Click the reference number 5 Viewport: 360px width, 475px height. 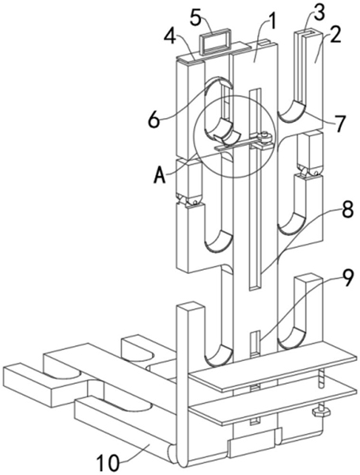point(197,18)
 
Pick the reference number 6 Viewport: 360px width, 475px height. point(153,120)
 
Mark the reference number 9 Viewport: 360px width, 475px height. point(347,278)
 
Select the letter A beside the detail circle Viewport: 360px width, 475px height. point(160,175)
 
